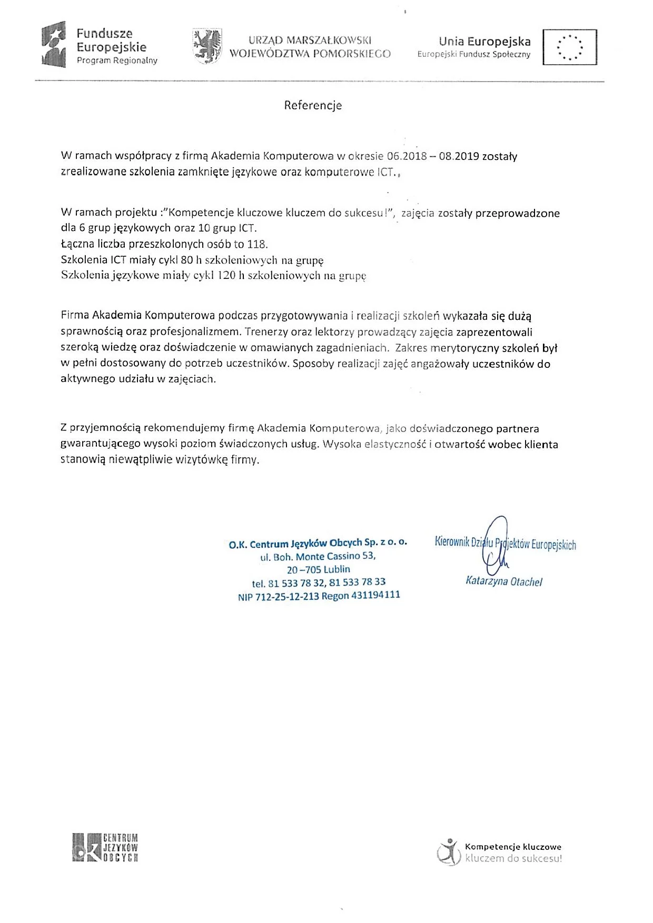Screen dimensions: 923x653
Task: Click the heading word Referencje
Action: pyautogui.click(x=313, y=105)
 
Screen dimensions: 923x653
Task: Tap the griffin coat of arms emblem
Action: pyautogui.click(x=207, y=46)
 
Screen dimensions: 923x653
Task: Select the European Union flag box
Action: pyautogui.click(x=570, y=47)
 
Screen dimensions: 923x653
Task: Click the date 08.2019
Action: pyautogui.click(x=459, y=156)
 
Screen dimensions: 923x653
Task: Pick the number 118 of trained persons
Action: pyautogui.click(x=258, y=244)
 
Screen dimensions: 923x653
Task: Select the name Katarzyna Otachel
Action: pyautogui.click(x=504, y=581)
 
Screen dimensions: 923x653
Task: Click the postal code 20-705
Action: pyautogui.click(x=304, y=569)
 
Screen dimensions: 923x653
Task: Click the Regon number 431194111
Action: pyautogui.click(x=375, y=595)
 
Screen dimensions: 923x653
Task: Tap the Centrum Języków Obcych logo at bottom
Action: pyautogui.click(x=105, y=848)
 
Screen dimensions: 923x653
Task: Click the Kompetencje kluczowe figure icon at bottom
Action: pyautogui.click(x=448, y=852)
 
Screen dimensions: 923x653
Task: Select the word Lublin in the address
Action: pyautogui.click(x=337, y=569)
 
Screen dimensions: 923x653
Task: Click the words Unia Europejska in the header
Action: pyautogui.click(x=484, y=42)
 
